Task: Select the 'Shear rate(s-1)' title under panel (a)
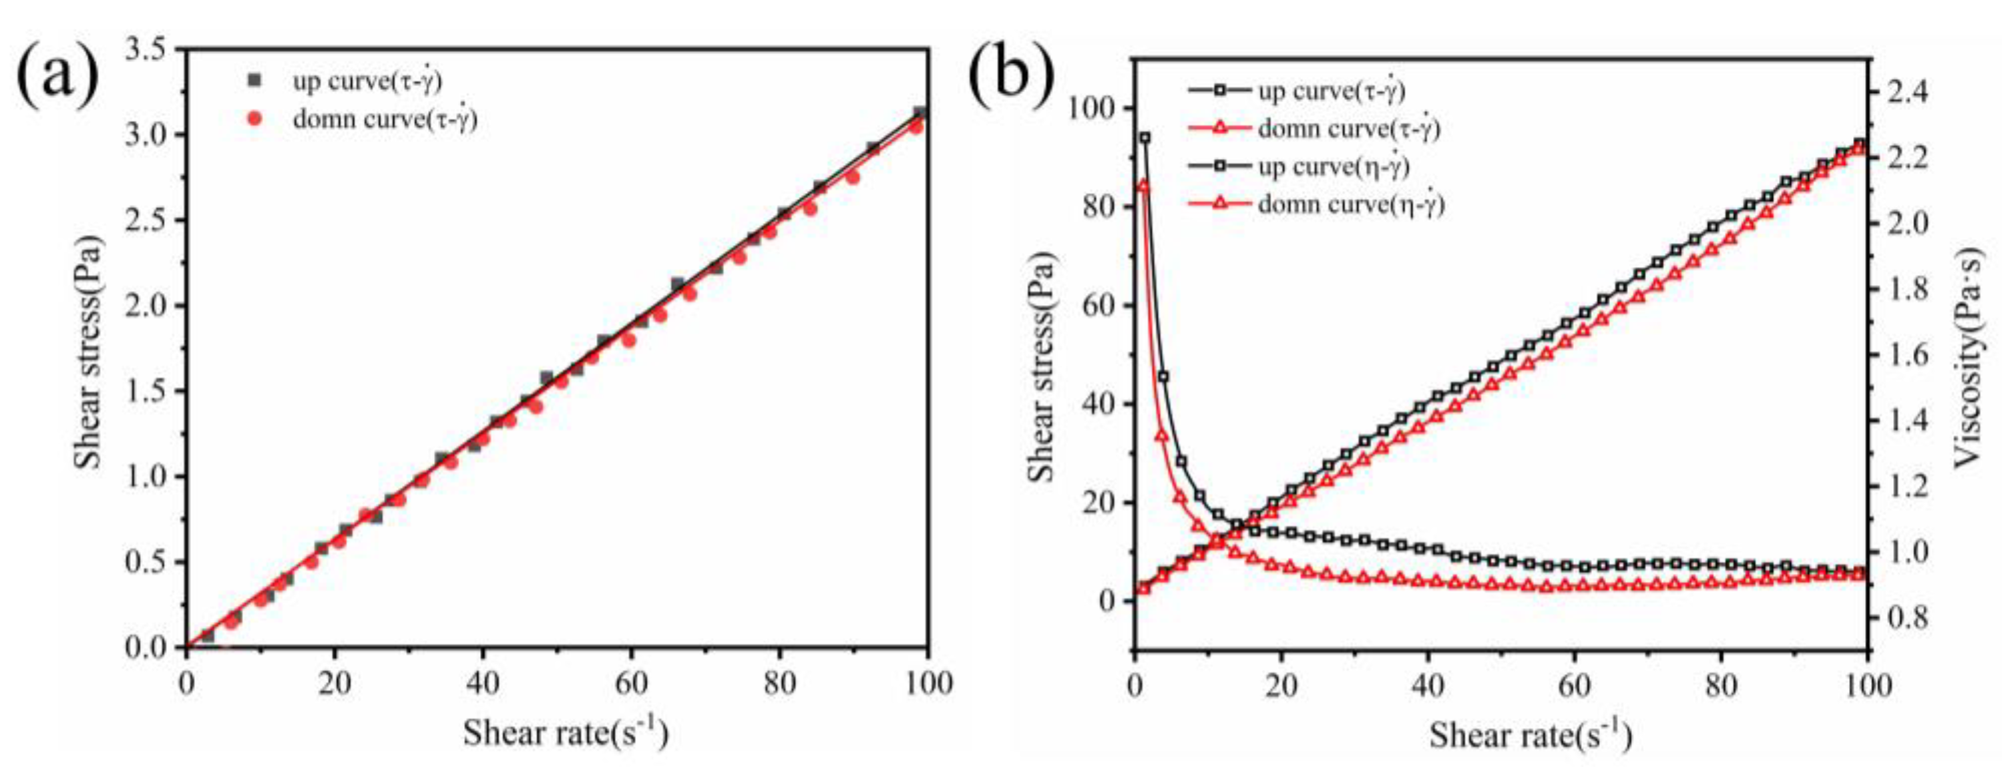click(x=565, y=730)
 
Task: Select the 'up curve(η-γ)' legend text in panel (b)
click(x=1333, y=166)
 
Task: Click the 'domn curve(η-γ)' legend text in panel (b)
click(x=1351, y=204)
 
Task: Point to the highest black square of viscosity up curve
click(x=1145, y=138)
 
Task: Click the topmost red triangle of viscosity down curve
click(x=1143, y=185)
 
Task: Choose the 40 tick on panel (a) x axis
click(x=483, y=684)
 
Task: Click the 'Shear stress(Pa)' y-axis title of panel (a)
click(x=88, y=350)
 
